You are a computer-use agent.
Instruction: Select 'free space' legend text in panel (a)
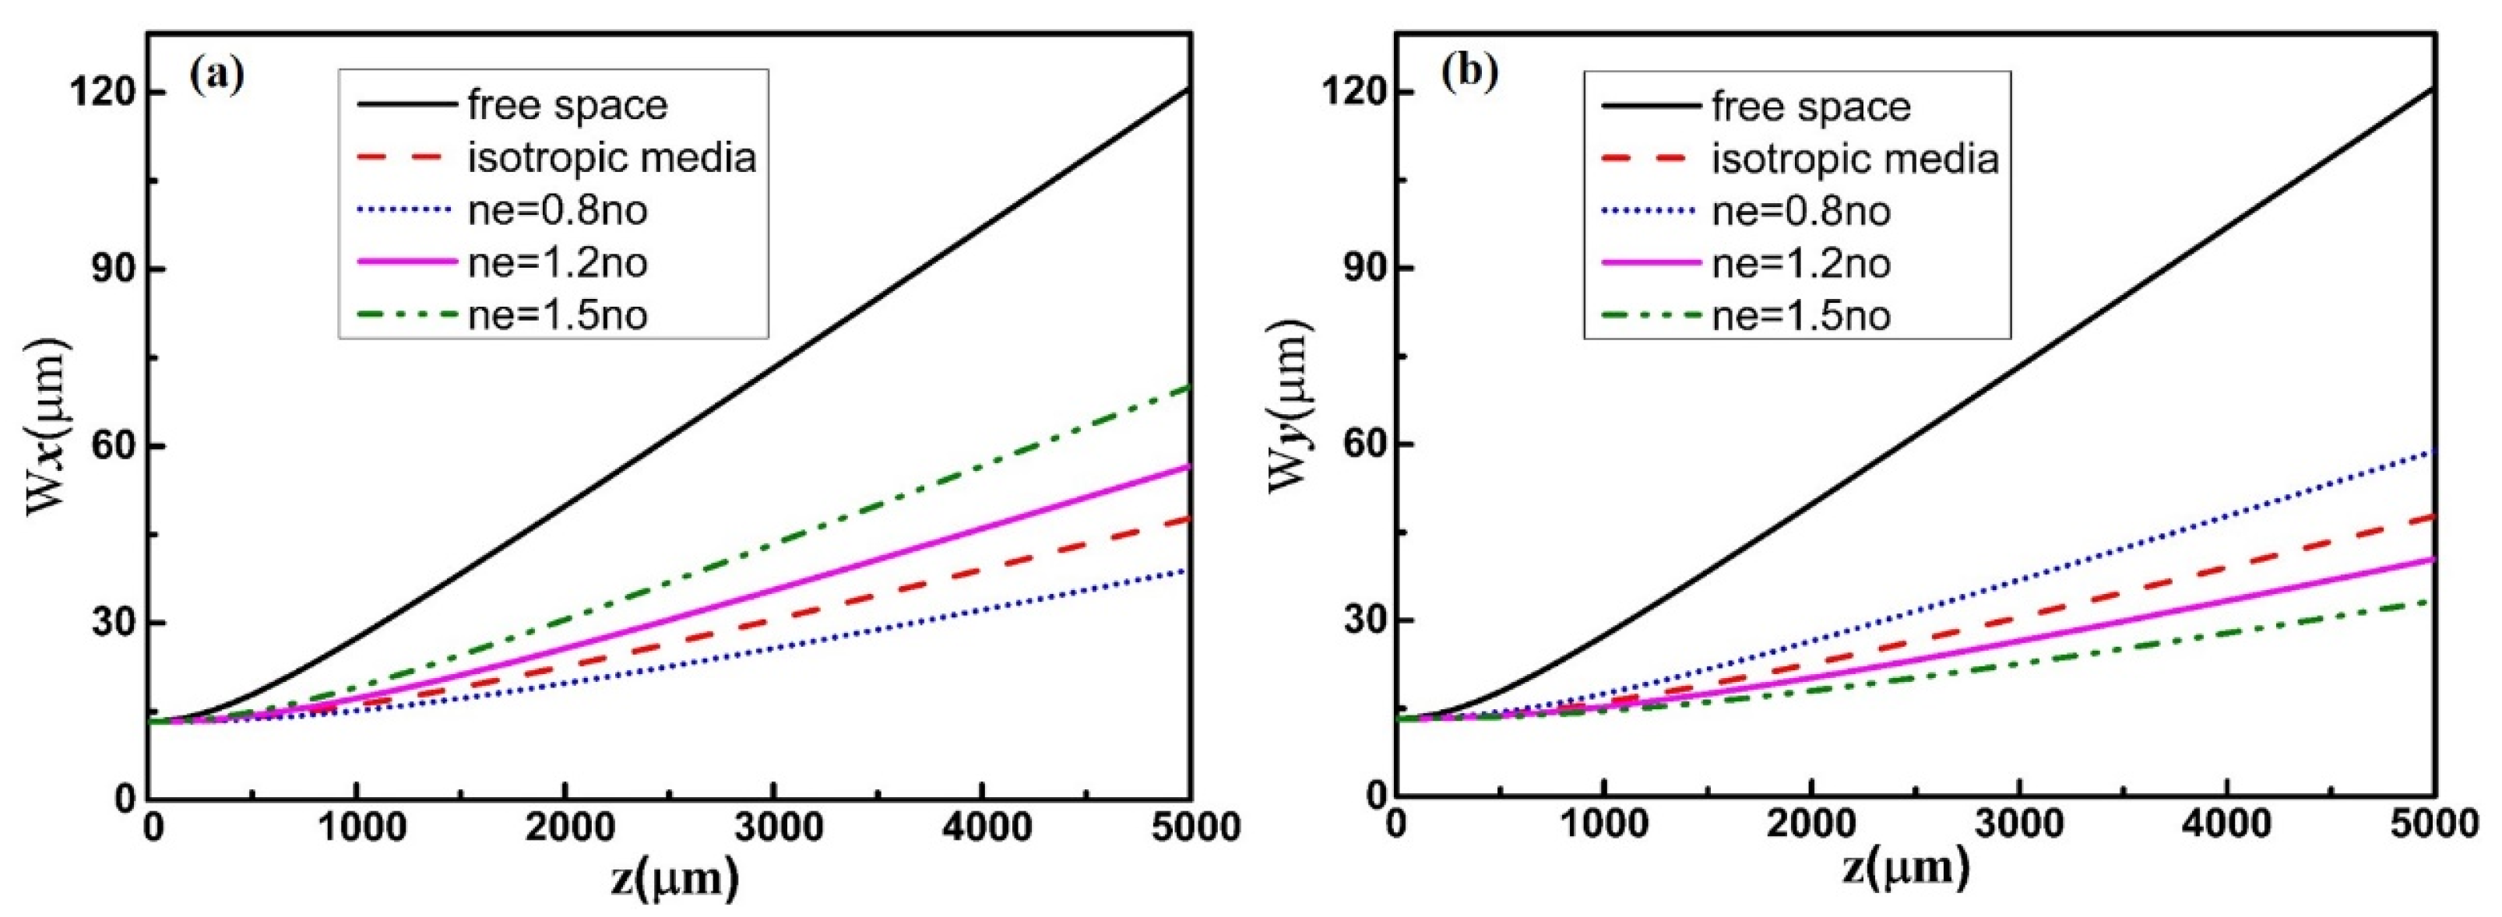pyautogui.click(x=567, y=105)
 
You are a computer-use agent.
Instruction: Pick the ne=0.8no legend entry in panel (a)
pyautogui.click(x=558, y=210)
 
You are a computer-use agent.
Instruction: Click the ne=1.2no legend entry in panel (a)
pyautogui.click(x=558, y=262)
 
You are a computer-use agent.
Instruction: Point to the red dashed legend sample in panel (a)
pyautogui.click(x=406, y=157)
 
